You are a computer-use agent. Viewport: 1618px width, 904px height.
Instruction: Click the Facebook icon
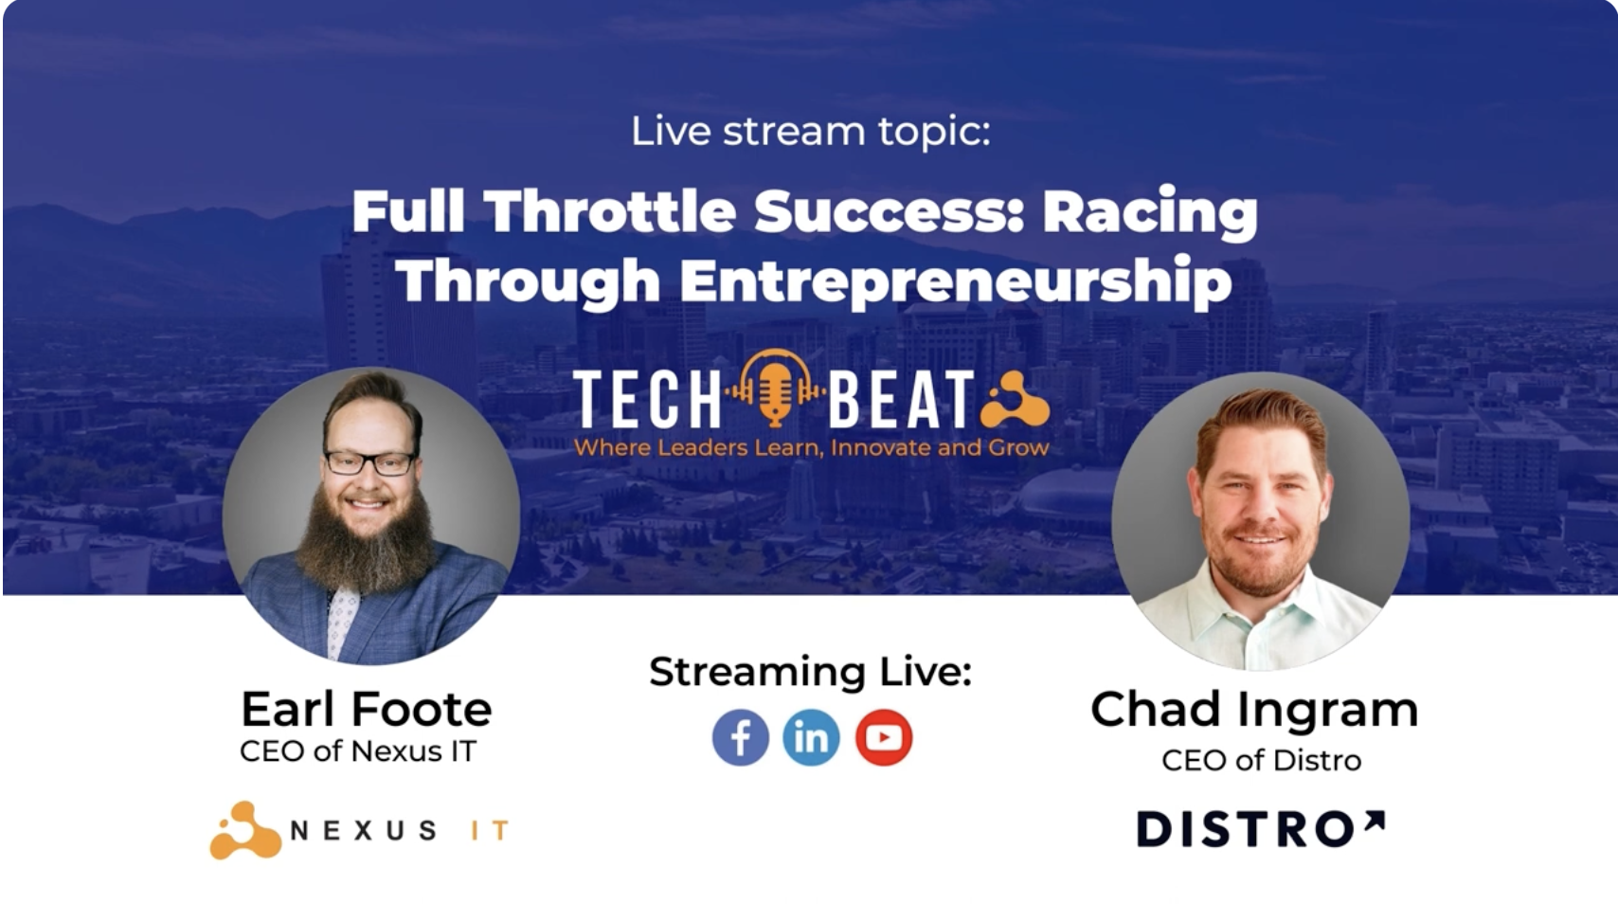pyautogui.click(x=741, y=738)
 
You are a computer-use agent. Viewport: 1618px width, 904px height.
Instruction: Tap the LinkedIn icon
pyautogui.click(x=811, y=738)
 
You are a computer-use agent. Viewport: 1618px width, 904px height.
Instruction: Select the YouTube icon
pyautogui.click(x=884, y=738)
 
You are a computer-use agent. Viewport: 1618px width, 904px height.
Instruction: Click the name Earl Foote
pyautogui.click(x=367, y=709)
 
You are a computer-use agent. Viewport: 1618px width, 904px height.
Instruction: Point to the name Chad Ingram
pyautogui.click(x=1254, y=709)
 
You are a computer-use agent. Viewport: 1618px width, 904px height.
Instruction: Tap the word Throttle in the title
pyautogui.click(x=610, y=211)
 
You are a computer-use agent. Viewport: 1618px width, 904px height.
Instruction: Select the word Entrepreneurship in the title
pyautogui.click(x=956, y=282)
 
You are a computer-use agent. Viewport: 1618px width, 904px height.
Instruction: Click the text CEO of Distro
pyautogui.click(x=1261, y=760)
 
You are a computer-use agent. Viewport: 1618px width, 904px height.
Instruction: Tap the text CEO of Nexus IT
pyautogui.click(x=358, y=751)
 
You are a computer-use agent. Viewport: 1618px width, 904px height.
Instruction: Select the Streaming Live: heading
pyautogui.click(x=811, y=671)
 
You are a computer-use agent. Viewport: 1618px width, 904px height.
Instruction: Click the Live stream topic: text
pyautogui.click(x=811, y=133)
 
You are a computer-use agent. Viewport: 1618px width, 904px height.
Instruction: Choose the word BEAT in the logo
pyautogui.click(x=902, y=398)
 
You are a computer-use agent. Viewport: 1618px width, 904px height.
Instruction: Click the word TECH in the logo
pyautogui.click(x=647, y=398)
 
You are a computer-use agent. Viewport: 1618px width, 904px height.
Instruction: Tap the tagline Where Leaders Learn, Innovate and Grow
pyautogui.click(x=811, y=448)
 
